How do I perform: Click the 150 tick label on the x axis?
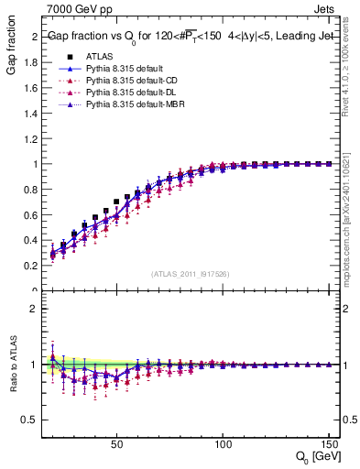click(x=328, y=444)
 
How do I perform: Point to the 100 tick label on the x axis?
click(x=223, y=444)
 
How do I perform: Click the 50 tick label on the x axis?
click(x=116, y=444)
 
